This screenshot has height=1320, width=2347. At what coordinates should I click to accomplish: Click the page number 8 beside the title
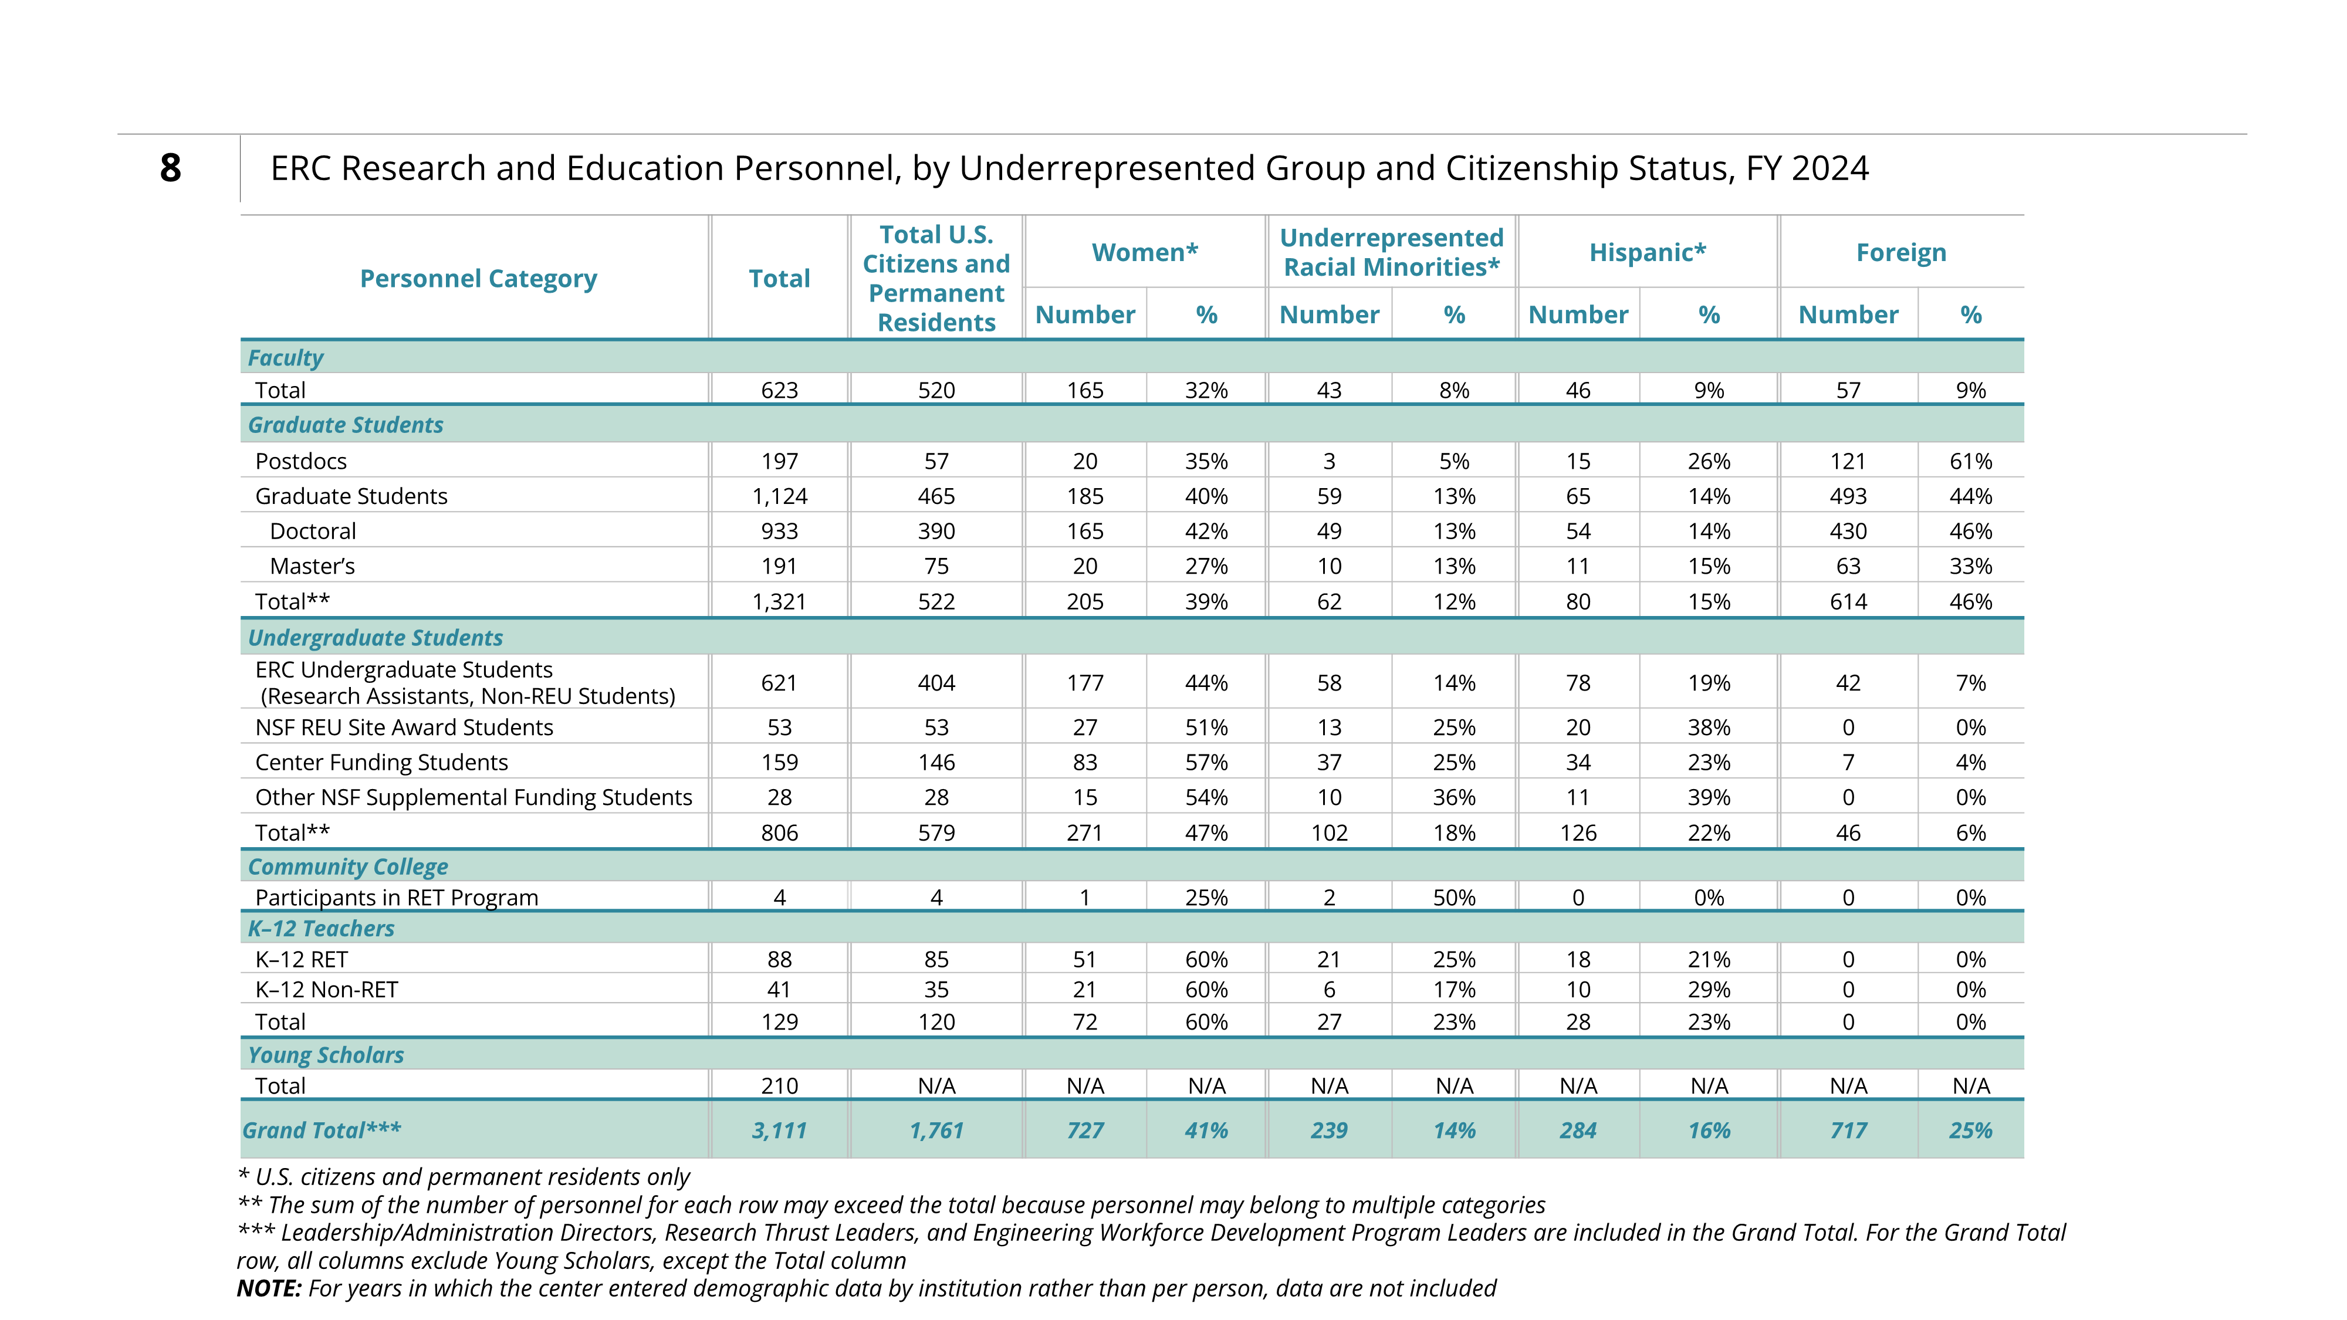pyautogui.click(x=170, y=168)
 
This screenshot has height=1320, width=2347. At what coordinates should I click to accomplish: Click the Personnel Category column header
pyautogui.click(x=478, y=279)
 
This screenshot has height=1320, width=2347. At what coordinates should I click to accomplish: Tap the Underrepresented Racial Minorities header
pyautogui.click(x=1391, y=252)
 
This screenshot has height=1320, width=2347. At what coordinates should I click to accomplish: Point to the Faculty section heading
pyautogui.click(x=285, y=358)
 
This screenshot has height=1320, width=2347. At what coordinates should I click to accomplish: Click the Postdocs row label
pyautogui.click(x=300, y=461)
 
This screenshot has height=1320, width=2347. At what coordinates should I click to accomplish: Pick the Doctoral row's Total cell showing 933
pyautogui.click(x=779, y=531)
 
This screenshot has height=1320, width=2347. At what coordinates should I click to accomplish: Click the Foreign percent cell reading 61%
pyautogui.click(x=1971, y=461)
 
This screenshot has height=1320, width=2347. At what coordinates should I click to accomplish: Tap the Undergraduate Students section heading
pyautogui.click(x=376, y=638)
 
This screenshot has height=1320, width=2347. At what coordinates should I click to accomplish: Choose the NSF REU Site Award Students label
pyautogui.click(x=404, y=727)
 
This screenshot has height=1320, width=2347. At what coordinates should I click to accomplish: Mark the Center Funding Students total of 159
pyautogui.click(x=779, y=763)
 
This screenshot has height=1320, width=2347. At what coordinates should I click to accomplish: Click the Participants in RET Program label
pyautogui.click(x=396, y=898)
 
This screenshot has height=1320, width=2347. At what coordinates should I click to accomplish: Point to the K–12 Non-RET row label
pyautogui.click(x=326, y=989)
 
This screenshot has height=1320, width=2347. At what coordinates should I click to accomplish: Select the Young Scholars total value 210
pyautogui.click(x=779, y=1086)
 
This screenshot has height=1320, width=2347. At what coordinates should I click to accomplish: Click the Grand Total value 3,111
pyautogui.click(x=779, y=1131)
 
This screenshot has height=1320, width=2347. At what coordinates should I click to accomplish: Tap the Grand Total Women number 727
pyautogui.click(x=1084, y=1131)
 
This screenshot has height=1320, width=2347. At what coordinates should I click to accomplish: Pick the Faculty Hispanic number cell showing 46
pyautogui.click(x=1577, y=391)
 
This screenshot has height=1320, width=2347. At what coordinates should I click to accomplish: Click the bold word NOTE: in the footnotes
pyautogui.click(x=269, y=1288)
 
